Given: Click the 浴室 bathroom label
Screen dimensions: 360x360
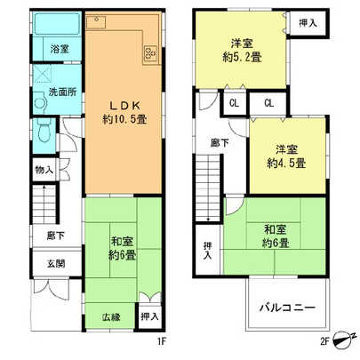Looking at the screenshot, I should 60,50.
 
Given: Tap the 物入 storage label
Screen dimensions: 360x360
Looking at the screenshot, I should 44,169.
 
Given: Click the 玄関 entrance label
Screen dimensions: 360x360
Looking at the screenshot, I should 44,263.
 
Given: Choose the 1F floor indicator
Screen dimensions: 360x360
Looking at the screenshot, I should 164,339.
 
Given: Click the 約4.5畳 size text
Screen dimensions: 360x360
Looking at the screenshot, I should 286,163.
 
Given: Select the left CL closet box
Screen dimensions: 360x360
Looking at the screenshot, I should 234,103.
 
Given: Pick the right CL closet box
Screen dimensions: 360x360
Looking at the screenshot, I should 268,103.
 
